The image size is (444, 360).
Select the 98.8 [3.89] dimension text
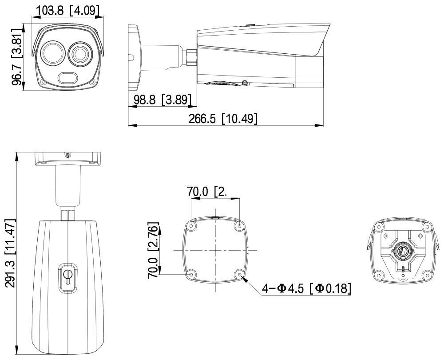(x=163, y=100)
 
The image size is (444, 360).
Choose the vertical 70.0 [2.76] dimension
(x=154, y=250)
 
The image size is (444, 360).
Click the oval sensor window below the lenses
(x=68, y=78)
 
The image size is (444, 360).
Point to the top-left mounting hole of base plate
(x=191, y=226)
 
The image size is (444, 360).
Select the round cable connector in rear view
(x=403, y=251)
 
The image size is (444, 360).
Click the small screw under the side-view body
(x=244, y=83)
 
